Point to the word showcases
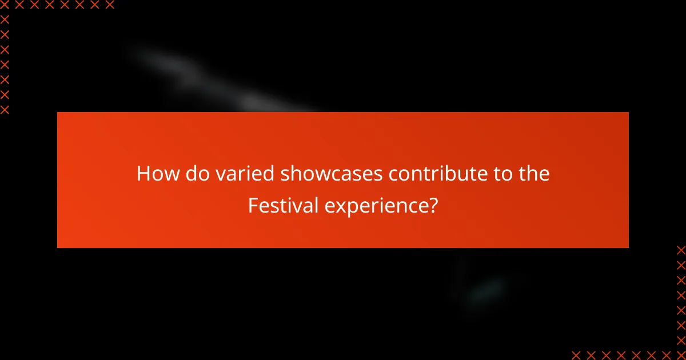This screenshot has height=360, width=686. [332, 174]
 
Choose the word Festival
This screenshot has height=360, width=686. [283, 206]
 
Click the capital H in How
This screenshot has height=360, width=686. [143, 174]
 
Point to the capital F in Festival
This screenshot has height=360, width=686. [252, 206]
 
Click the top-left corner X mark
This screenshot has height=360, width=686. [5, 5]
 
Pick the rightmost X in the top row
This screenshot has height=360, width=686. [110, 5]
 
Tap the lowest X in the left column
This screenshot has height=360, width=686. [5, 110]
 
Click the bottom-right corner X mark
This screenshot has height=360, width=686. [681, 355]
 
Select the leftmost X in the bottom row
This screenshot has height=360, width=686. [576, 355]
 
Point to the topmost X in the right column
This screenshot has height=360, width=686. [681, 250]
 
